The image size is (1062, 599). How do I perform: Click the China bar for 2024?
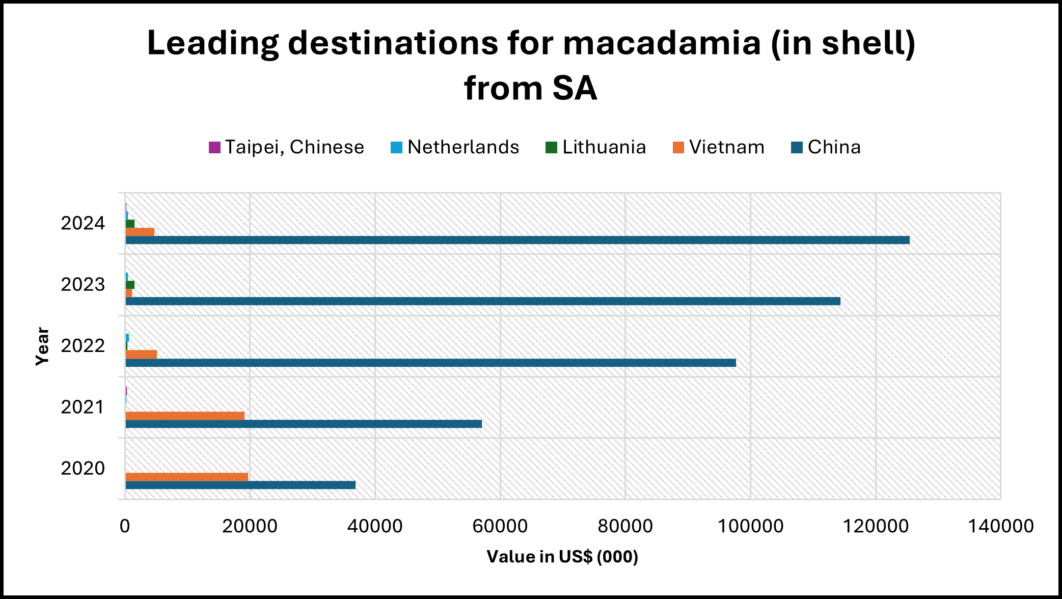pyautogui.click(x=517, y=240)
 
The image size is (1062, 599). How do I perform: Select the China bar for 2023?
pyautogui.click(x=482, y=301)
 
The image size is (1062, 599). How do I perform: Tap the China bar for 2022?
pyautogui.click(x=430, y=363)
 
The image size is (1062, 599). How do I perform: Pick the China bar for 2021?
pyautogui.click(x=304, y=424)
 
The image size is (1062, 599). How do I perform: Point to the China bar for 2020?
pyautogui.click(x=240, y=485)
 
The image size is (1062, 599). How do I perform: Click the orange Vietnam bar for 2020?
pyautogui.click(x=186, y=477)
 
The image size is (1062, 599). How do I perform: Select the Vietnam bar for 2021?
pyautogui.click(x=185, y=416)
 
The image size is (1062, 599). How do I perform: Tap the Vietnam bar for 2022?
pyautogui.click(x=141, y=354)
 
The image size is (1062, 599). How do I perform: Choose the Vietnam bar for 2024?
pyautogui.click(x=140, y=232)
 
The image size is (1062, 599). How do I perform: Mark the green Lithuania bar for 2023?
pyautogui.click(x=130, y=285)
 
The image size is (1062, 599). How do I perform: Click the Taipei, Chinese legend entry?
pyautogui.click(x=287, y=147)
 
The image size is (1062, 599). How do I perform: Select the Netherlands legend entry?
pyautogui.click(x=455, y=147)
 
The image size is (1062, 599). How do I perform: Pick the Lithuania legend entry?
pyautogui.click(x=595, y=147)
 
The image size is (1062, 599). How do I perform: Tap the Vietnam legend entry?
pyautogui.click(x=719, y=147)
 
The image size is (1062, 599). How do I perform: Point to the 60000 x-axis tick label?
pyautogui.click(x=500, y=526)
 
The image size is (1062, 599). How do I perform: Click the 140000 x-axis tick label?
pyautogui.click(x=1000, y=526)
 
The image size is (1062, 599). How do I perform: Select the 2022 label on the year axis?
pyautogui.click(x=83, y=346)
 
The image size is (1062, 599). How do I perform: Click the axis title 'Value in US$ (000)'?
pyautogui.click(x=562, y=557)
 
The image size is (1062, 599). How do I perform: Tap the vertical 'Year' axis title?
pyautogui.click(x=42, y=346)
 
